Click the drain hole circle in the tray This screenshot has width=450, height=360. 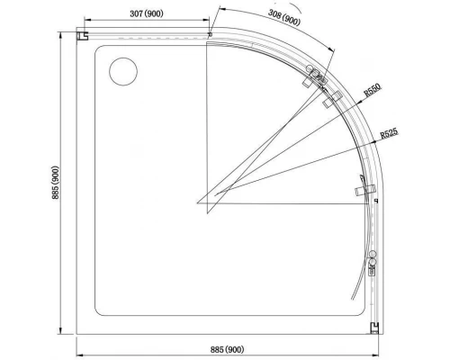pos(120,72)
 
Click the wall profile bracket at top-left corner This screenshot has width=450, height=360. pos(84,37)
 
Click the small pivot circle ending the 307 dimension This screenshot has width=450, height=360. pos(210,35)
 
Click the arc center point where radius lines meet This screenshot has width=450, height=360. pos(197,202)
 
